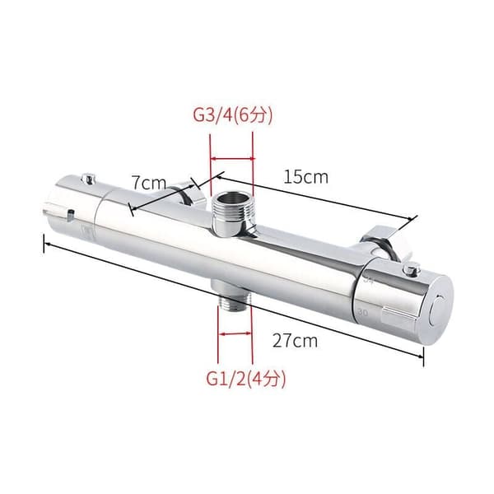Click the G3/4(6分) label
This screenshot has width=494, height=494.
click(x=232, y=115)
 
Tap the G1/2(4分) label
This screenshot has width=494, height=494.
click(x=246, y=379)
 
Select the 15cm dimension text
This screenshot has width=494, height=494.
click(x=306, y=177)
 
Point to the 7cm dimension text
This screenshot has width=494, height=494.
click(x=149, y=183)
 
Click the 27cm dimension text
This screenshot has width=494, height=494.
click(x=295, y=341)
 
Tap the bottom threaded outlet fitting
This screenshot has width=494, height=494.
click(x=233, y=296)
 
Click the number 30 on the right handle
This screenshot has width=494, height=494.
click(x=362, y=313)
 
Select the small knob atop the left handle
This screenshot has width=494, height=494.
click(x=88, y=179)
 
